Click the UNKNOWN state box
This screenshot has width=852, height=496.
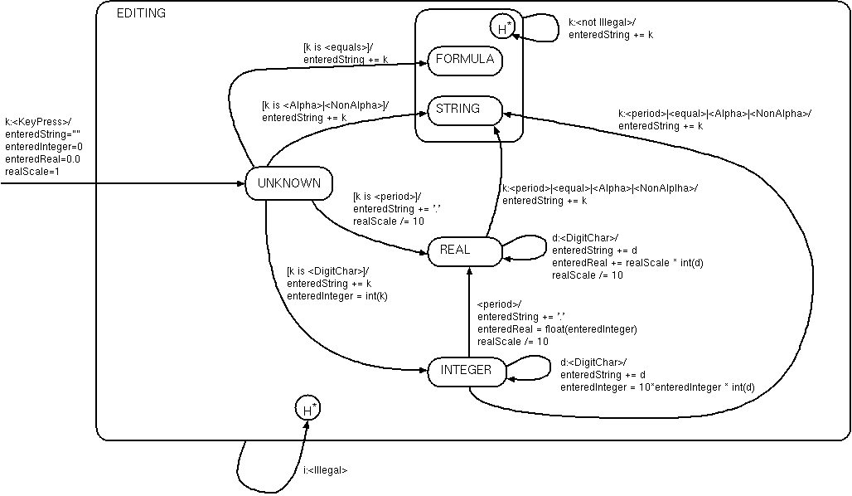(288, 184)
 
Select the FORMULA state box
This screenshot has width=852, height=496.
(464, 60)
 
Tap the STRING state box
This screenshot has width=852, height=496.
(457, 109)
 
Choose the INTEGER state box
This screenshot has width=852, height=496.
(466, 371)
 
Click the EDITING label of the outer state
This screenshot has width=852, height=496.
(141, 13)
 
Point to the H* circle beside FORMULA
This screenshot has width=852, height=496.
(502, 27)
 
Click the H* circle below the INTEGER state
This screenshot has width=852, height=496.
(307, 409)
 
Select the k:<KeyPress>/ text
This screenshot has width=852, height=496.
(38, 121)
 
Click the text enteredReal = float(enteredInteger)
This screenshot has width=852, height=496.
(557, 329)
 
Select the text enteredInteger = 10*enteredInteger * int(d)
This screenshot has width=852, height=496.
(657, 387)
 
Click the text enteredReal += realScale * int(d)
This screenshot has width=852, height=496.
(627, 263)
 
